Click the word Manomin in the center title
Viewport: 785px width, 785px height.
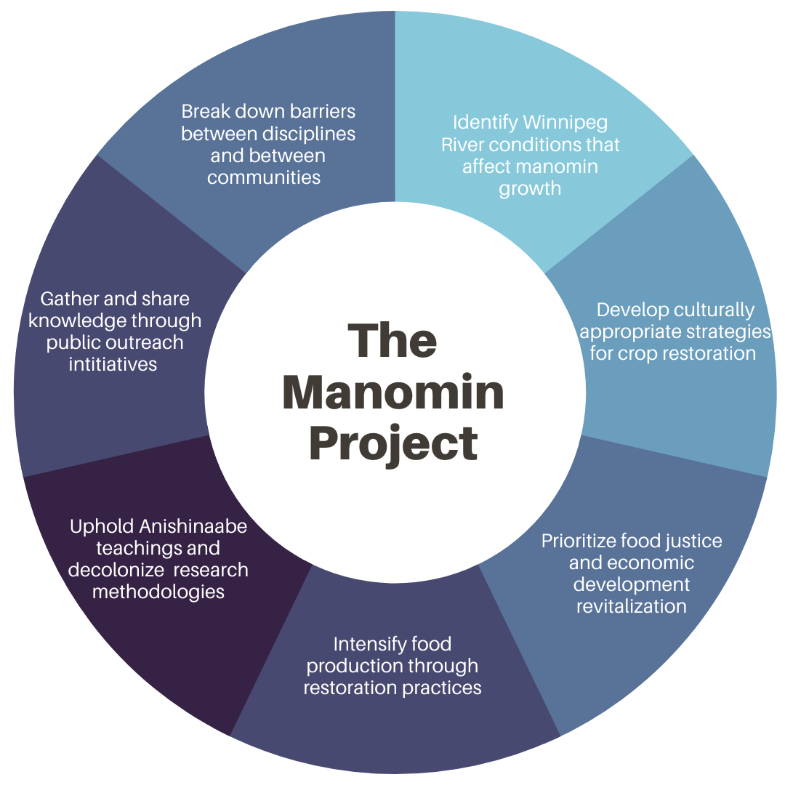pyautogui.click(x=393, y=392)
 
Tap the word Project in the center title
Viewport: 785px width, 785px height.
pyautogui.click(x=393, y=443)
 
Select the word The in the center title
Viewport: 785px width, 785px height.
pyautogui.click(x=393, y=340)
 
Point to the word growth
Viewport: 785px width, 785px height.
pyautogui.click(x=530, y=188)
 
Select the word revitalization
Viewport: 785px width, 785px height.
pyautogui.click(x=631, y=606)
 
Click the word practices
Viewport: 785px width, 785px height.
pyautogui.click(x=445, y=688)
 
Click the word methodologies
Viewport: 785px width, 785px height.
pyautogui.click(x=158, y=592)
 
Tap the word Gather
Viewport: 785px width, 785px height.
pyautogui.click(x=66, y=299)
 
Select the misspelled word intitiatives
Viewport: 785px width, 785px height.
pyautogui.click(x=113, y=364)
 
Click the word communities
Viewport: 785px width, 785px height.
pyautogui.click(x=264, y=177)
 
